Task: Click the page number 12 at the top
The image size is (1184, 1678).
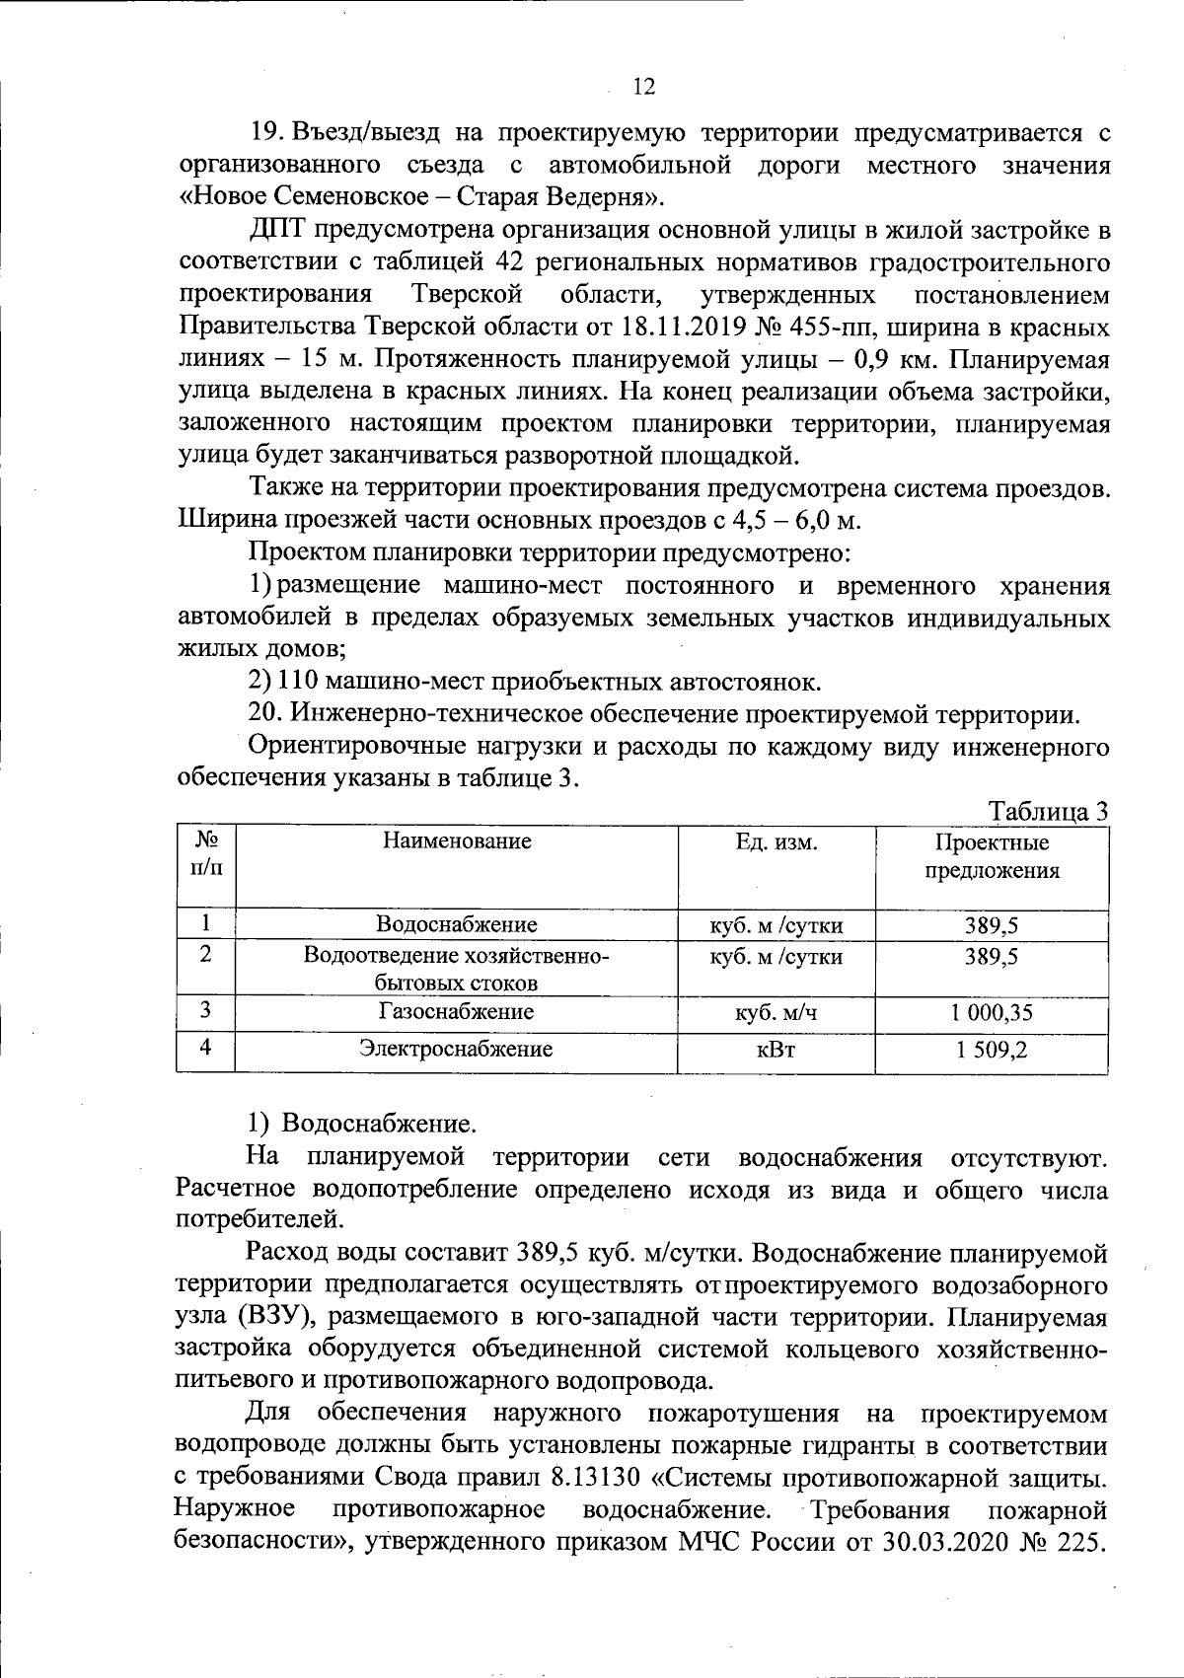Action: pos(642,87)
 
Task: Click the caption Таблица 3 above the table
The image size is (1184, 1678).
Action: pos(1048,811)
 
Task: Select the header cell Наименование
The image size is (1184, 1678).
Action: pos(457,840)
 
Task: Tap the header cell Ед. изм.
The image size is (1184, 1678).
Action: pos(776,840)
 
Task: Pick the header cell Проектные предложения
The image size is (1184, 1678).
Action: pos(992,856)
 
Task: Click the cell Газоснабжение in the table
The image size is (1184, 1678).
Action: pos(456,1011)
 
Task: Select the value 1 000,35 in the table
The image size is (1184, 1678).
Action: pos(992,1011)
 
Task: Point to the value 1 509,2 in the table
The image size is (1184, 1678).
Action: pos(992,1050)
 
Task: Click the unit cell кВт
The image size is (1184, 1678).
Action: pos(776,1050)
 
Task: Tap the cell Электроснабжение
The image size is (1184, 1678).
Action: pos(456,1049)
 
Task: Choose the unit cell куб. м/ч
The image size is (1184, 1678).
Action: pos(776,1011)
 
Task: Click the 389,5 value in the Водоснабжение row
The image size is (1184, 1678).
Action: pos(992,924)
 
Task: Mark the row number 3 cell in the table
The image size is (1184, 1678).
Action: pos(205,1009)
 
